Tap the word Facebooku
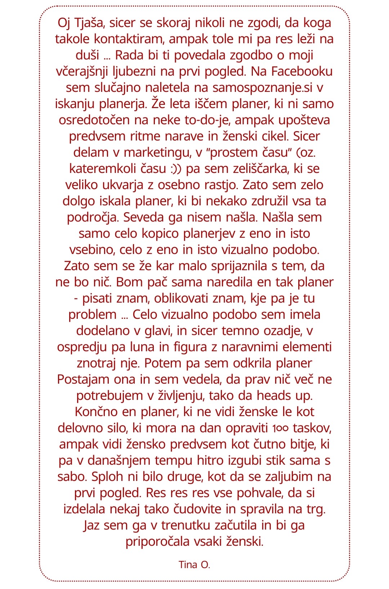302,71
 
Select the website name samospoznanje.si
263,88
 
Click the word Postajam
83,379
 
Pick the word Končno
97,412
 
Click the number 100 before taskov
280,428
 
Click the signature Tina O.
194,565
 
